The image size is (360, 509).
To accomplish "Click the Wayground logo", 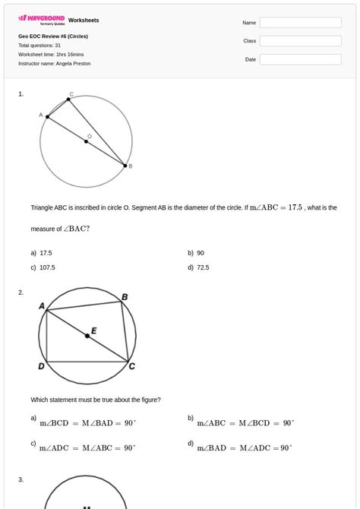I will (42, 19).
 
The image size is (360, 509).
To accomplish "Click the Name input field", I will (300, 23).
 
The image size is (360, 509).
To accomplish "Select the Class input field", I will (300, 41).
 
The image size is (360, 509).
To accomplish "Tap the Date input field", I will (300, 59).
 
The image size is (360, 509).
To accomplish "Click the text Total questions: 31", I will (39, 46).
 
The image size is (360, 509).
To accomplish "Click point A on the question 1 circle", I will (47, 117).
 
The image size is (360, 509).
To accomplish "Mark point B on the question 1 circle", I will (125, 165).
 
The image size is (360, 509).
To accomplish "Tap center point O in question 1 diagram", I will (87, 141).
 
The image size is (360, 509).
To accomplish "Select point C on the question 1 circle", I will (68, 100).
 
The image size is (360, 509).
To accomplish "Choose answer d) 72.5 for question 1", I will (203, 267).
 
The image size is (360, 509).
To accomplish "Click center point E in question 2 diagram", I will (87, 335).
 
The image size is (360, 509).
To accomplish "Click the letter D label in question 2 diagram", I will (41, 367).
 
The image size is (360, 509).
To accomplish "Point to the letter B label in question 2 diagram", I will (125, 297).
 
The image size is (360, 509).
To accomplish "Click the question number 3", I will (21, 479).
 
